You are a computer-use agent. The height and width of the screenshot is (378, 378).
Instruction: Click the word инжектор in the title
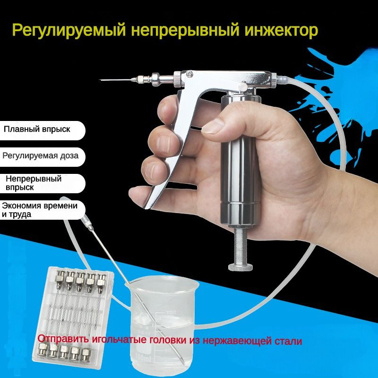tap(281, 30)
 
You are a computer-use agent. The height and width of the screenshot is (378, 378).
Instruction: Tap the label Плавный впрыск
tap(37, 129)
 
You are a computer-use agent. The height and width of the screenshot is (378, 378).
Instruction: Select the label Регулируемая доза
tap(41, 156)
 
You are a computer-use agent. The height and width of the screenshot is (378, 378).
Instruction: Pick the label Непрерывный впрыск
tap(34, 183)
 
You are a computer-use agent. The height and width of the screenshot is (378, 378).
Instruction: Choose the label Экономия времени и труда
tap(40, 210)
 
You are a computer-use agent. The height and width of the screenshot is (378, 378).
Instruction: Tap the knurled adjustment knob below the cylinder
tap(241, 266)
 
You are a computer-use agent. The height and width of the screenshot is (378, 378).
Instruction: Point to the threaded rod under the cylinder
tap(241, 245)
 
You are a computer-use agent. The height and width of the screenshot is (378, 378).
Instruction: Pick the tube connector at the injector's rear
tap(281, 79)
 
